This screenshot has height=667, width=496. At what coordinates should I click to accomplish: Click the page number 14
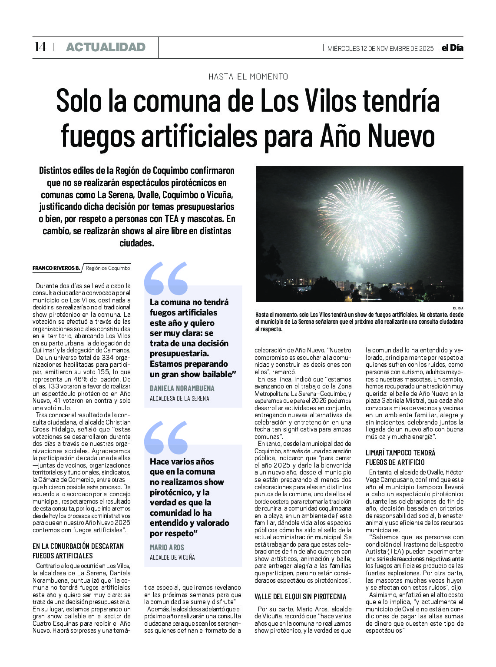tap(40, 47)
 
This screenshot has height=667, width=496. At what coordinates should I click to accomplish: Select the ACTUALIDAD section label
tap(106, 47)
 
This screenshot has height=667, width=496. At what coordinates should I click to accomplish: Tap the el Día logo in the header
tap(452, 48)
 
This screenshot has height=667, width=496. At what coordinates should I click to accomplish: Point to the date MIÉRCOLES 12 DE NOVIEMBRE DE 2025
tap(380, 48)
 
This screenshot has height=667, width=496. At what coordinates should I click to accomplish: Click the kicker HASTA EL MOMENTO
tap(248, 76)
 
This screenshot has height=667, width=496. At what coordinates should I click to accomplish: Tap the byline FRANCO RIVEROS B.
tap(56, 268)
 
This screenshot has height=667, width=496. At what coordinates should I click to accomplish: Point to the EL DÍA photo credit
tap(458, 308)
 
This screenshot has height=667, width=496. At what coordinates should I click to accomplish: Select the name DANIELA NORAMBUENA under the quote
tap(182, 388)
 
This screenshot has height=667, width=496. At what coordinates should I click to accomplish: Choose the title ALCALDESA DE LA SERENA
tap(179, 398)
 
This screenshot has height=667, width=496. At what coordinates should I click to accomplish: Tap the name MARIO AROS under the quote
tap(167, 547)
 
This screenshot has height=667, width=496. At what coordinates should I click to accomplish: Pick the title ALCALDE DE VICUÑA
tap(172, 557)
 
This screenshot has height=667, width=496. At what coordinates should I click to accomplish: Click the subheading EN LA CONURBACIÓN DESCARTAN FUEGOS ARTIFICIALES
tap(78, 551)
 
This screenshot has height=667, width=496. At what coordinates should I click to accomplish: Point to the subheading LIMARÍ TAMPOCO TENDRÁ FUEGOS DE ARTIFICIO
tap(400, 457)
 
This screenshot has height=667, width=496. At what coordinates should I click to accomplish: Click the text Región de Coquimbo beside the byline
tap(108, 268)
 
